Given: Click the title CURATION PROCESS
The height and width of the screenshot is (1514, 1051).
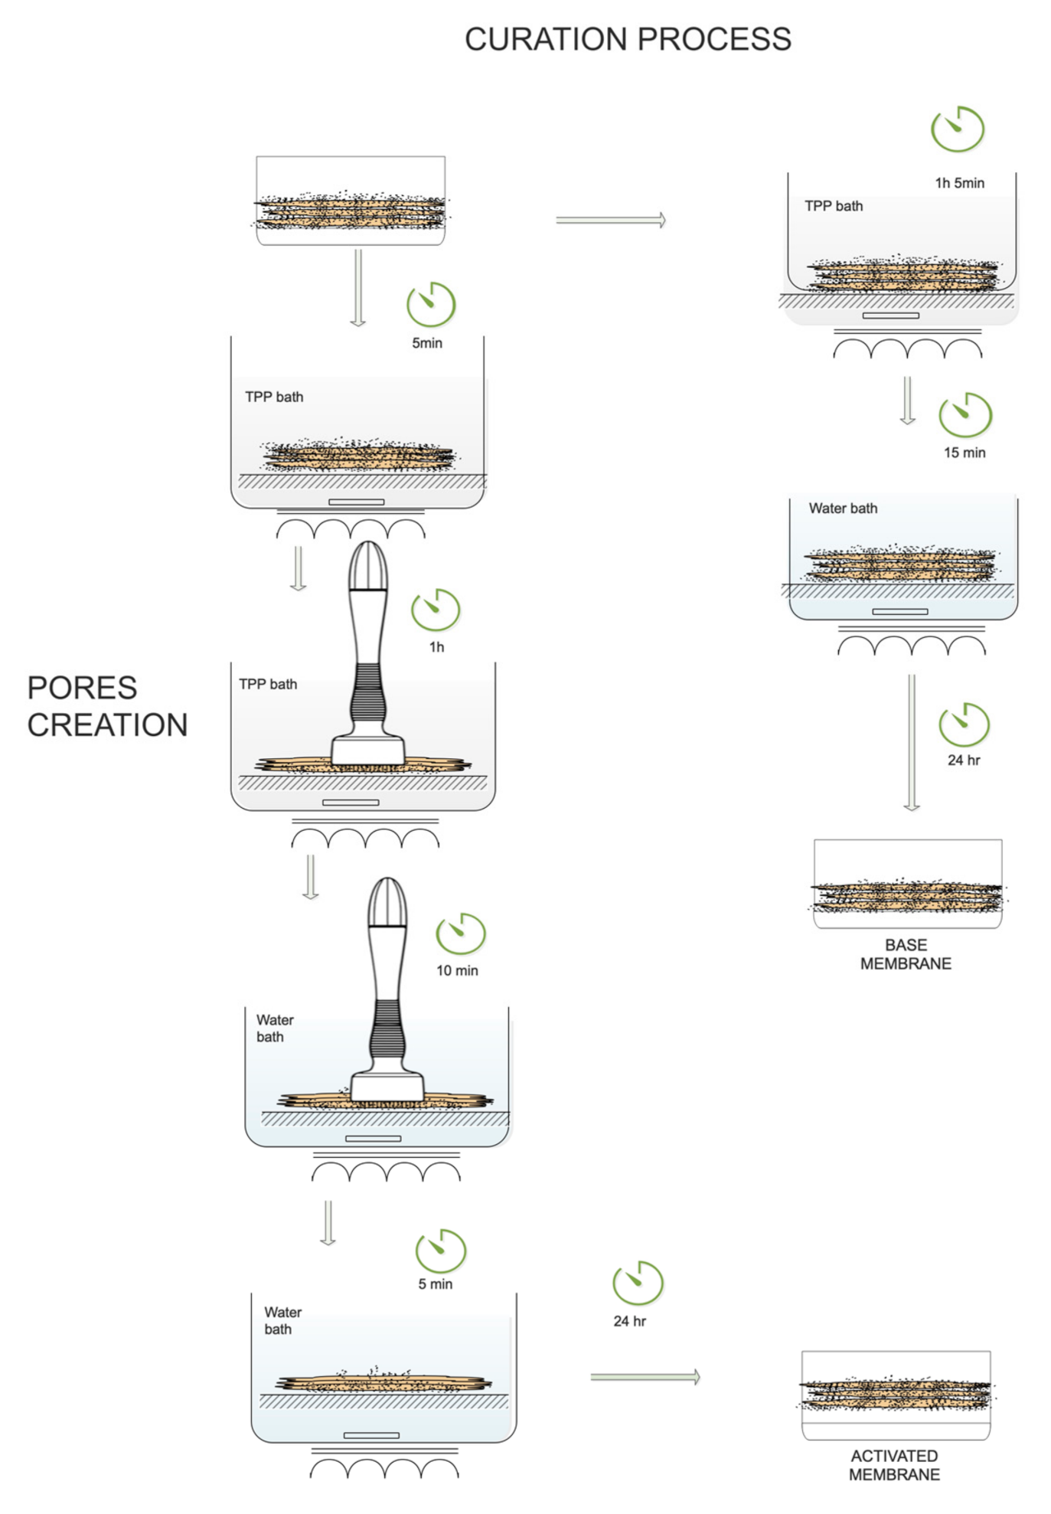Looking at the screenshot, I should [627, 40].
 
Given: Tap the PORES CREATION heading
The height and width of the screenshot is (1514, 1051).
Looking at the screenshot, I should [107, 706].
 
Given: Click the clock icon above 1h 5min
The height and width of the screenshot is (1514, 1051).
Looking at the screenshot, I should [957, 129].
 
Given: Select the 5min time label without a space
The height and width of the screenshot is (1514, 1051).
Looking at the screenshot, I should [426, 343].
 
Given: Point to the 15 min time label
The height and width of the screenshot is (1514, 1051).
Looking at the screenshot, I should [964, 453].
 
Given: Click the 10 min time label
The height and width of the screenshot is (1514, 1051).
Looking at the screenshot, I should [457, 970].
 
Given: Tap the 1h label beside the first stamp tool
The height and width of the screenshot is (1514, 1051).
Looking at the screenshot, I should [436, 647].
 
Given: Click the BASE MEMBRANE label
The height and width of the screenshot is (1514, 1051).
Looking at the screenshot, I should [906, 954].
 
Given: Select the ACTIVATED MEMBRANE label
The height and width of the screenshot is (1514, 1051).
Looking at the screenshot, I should [894, 1465].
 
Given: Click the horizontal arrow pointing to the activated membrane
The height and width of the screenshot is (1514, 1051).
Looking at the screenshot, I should [645, 1377].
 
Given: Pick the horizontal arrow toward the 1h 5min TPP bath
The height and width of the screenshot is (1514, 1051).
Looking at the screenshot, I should [610, 221].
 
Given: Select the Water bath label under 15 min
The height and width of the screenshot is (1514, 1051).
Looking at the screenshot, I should [843, 508].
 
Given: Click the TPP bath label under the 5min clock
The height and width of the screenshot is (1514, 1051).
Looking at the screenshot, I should [274, 397].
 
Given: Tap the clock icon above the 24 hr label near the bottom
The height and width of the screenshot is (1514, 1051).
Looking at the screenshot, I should [637, 1283].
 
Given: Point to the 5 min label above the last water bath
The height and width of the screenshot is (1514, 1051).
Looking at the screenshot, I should [435, 1284].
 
